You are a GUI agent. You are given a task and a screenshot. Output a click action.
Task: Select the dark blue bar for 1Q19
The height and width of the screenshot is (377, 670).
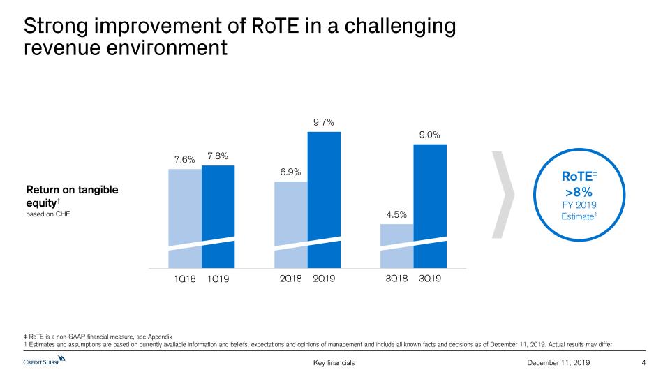point(218,216)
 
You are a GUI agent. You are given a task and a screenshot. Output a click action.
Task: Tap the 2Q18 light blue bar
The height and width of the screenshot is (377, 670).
point(291,224)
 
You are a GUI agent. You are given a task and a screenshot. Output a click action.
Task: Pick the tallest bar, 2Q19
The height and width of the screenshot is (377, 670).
point(324,199)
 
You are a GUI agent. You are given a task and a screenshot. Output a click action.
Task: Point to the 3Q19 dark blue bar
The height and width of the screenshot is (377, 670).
point(430,206)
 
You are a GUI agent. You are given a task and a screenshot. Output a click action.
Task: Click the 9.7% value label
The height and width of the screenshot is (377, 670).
point(324,122)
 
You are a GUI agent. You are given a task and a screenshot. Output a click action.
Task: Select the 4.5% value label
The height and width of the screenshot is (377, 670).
point(396,214)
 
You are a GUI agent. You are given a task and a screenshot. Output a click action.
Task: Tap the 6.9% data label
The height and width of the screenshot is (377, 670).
point(290,172)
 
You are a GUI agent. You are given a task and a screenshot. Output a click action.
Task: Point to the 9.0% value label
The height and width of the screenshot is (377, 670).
point(430,135)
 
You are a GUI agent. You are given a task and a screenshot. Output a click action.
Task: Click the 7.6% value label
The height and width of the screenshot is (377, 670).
point(184,159)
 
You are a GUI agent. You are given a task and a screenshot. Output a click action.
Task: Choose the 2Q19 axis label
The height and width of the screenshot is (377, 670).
point(324,279)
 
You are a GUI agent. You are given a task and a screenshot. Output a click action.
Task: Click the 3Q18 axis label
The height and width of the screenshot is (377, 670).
point(396,279)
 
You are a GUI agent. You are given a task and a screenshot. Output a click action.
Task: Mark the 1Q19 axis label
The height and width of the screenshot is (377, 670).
point(218,279)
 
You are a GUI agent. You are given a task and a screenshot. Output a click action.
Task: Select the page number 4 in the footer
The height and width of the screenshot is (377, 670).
point(643,363)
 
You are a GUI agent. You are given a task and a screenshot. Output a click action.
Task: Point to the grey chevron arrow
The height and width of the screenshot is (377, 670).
point(505,193)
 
